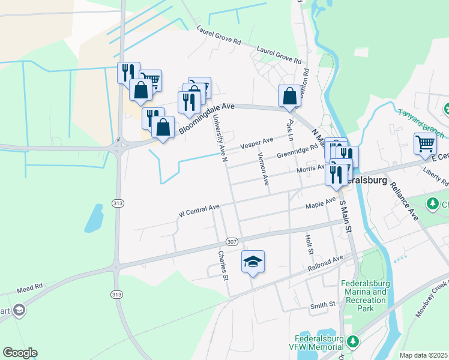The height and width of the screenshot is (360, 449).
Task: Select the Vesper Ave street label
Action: click(256, 143)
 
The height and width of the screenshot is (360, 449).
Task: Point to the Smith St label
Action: click(322, 305)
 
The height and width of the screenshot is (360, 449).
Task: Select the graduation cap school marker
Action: click(253, 261)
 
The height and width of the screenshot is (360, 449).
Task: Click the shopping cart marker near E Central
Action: click(425, 143)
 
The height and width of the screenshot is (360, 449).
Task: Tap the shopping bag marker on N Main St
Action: click(289, 95)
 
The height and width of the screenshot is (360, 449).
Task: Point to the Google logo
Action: click(20, 352)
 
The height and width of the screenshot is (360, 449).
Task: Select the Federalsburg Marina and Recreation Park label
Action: click(363, 296)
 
